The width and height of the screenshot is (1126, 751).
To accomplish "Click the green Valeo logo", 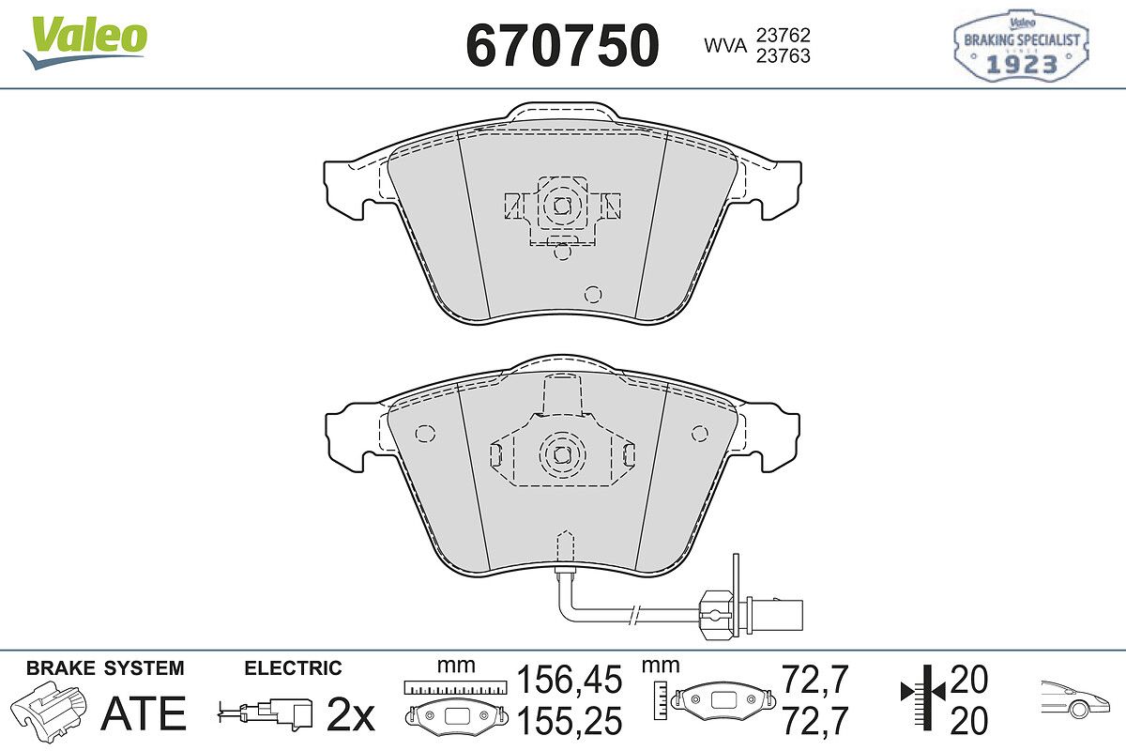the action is [x=85, y=43].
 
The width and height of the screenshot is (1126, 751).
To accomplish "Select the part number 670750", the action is [x=562, y=45].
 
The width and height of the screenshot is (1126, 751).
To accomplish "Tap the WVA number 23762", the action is [x=784, y=36].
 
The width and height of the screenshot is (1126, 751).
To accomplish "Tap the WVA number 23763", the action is [x=784, y=55].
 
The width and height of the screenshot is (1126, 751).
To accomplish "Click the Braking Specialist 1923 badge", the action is [x=1021, y=46].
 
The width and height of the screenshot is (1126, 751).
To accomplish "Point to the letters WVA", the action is [x=725, y=46].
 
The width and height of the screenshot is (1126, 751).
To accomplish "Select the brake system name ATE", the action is [x=144, y=713].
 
